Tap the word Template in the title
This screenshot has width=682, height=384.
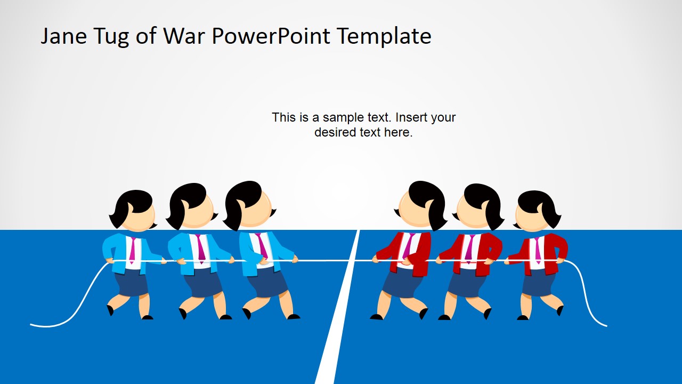pyautogui.click(x=384, y=36)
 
